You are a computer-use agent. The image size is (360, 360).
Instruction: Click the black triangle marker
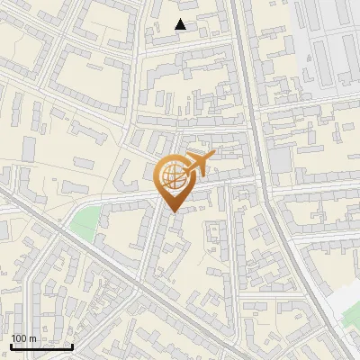tap(181, 25)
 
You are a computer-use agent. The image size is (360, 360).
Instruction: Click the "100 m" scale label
tap(23, 338)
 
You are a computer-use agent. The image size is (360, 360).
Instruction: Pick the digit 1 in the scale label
tap(13, 338)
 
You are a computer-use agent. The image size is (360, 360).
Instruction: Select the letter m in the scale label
tap(33, 338)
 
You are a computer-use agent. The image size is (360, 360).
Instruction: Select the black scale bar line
tap(41, 346)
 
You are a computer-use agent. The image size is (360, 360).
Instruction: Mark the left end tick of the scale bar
tap(11, 345)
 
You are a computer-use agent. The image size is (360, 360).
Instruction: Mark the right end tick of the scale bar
tap(73, 345)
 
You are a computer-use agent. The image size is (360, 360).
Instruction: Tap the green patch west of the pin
tap(82, 225)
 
